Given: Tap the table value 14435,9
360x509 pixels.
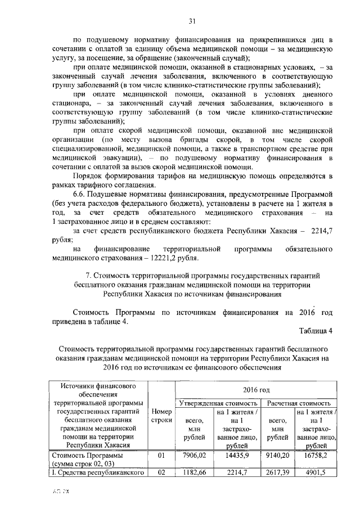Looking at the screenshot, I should tap(237, 454).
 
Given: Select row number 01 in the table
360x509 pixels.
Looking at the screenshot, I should tap(162, 454).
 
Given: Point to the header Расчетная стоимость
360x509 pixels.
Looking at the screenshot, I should tap(299, 403).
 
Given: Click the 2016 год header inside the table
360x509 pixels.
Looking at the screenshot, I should tap(256, 389).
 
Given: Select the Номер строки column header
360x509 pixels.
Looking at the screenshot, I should tap(162, 416).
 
